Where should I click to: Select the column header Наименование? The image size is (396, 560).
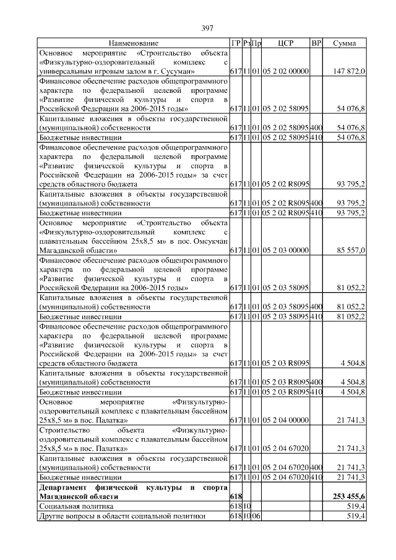134,43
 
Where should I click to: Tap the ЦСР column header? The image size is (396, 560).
285,43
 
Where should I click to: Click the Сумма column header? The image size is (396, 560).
344,43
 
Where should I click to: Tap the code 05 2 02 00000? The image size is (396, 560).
285,72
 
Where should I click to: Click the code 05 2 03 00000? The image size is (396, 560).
285,251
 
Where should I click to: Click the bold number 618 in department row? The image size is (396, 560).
235,497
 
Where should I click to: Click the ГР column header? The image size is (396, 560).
235,43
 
